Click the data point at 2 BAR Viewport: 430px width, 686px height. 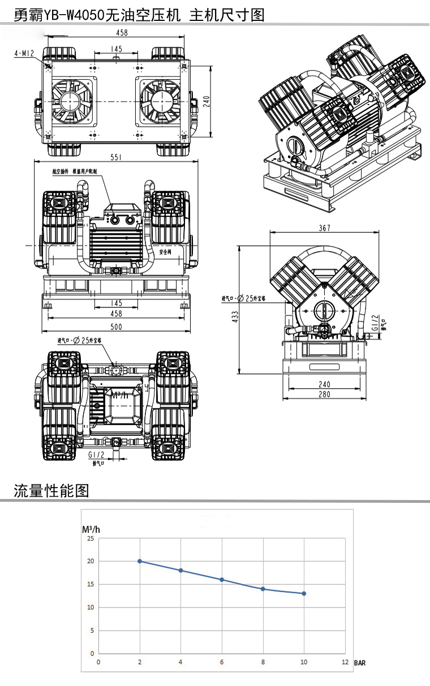(x=140, y=561)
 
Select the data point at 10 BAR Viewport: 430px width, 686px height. (x=304, y=593)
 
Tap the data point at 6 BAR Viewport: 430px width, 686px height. (x=222, y=580)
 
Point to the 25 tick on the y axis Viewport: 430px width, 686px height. (x=91, y=539)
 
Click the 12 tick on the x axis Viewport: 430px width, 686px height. (x=345, y=662)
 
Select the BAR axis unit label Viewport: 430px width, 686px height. (x=360, y=663)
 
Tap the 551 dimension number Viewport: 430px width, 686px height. (x=116, y=158)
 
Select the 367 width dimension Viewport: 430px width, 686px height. (x=324, y=228)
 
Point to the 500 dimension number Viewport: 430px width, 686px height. (x=116, y=327)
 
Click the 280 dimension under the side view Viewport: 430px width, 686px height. (x=324, y=394)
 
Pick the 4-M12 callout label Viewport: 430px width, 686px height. (x=24, y=53)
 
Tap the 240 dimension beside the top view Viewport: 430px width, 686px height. (x=207, y=101)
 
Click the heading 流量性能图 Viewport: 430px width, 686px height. (x=51, y=490)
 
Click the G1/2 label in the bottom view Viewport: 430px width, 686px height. (x=96, y=454)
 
